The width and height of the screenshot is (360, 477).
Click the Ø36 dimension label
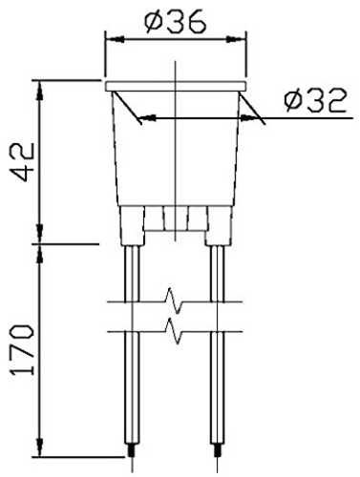176,22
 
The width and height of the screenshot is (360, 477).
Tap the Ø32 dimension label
315,101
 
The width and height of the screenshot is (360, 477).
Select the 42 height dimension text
23,161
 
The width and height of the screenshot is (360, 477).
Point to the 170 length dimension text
23,350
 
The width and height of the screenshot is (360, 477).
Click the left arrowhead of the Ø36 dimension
115,40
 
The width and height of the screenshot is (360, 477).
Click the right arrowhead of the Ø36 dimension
236,40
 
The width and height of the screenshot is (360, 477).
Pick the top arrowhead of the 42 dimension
40,91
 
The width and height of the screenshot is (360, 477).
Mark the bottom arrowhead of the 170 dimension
40,447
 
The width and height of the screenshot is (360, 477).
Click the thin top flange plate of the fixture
176,86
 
